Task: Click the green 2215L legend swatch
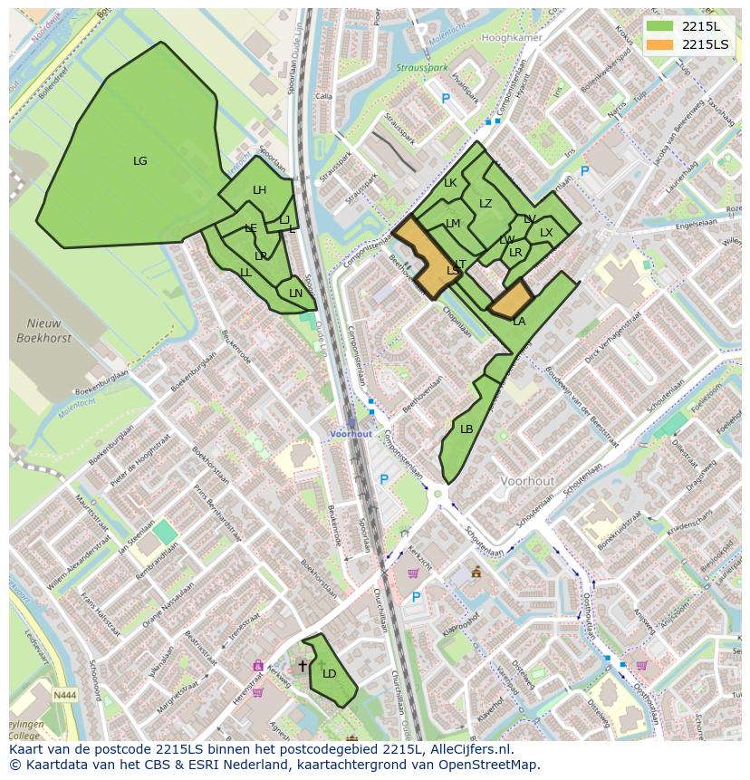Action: pyautogui.click(x=659, y=26)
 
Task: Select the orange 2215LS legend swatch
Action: pyautogui.click(x=659, y=44)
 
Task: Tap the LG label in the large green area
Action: pyautogui.click(x=140, y=161)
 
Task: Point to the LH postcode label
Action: pyautogui.click(x=260, y=190)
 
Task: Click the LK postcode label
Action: pyautogui.click(x=450, y=183)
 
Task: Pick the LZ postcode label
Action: pyautogui.click(x=486, y=204)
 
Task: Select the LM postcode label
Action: pyautogui.click(x=453, y=224)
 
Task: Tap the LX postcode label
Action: pyautogui.click(x=546, y=233)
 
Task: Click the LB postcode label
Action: pyautogui.click(x=466, y=429)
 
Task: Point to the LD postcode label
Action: pyautogui.click(x=330, y=674)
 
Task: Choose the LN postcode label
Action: pyautogui.click(x=296, y=294)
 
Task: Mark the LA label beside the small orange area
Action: pyautogui.click(x=519, y=322)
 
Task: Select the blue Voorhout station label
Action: pyautogui.click(x=351, y=434)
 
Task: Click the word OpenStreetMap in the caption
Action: pyautogui.click(x=494, y=765)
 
